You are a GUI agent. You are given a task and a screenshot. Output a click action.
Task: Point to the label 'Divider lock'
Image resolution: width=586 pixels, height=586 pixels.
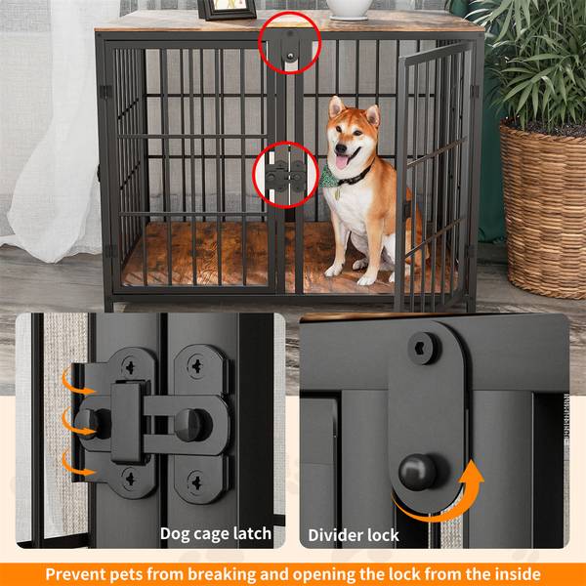pyautogui.click(x=354, y=534)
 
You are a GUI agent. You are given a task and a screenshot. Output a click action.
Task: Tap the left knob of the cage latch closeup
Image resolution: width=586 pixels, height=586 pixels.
pyautogui.click(x=87, y=421)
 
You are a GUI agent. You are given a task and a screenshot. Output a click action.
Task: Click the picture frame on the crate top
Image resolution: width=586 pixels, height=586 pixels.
pyautogui.click(x=222, y=10)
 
